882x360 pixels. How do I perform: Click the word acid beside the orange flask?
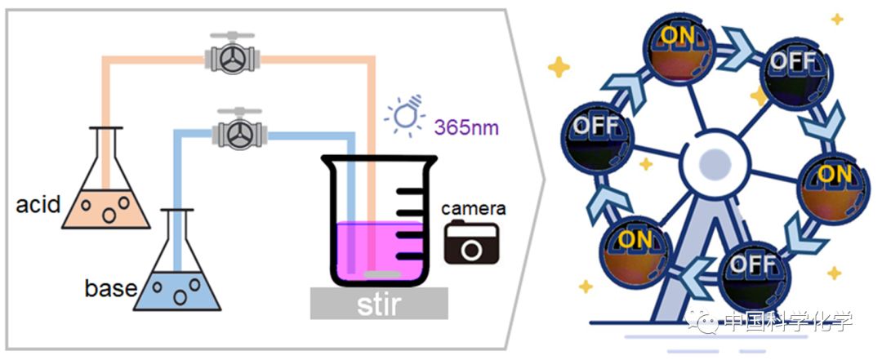click(38, 203)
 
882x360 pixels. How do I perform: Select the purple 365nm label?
click(467, 128)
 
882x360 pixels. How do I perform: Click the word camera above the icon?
click(473, 208)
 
